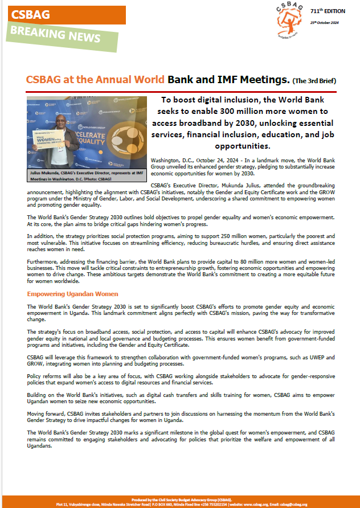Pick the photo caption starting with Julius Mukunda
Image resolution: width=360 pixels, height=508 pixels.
87,174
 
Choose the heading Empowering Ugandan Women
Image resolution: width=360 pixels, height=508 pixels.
72,294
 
